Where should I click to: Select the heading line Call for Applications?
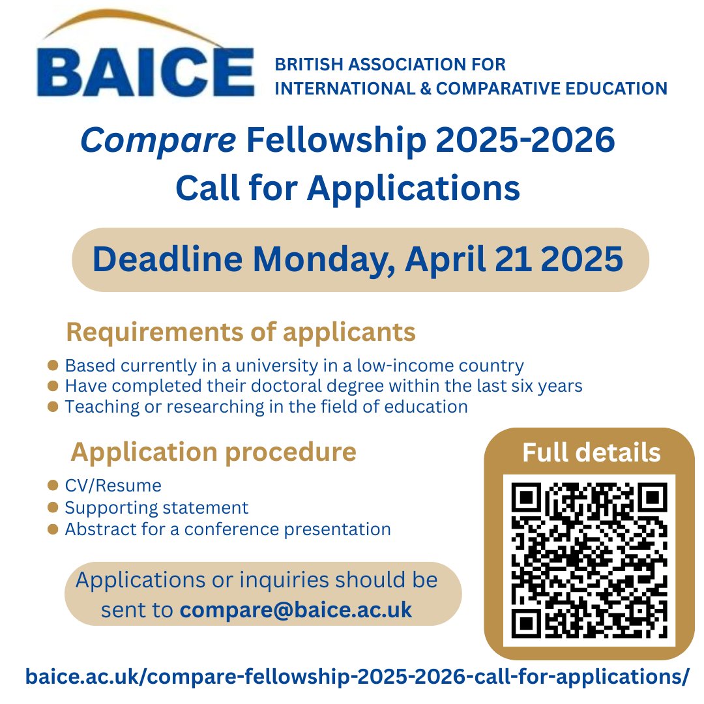tap(347, 188)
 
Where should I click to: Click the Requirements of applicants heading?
tap(241, 332)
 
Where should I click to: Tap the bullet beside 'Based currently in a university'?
tap(54, 366)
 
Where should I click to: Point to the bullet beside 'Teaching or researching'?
tap(54, 407)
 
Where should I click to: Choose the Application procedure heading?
tap(213, 452)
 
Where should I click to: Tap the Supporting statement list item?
tap(156, 507)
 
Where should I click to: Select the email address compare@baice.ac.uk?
tap(296, 610)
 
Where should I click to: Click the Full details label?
tap(591, 452)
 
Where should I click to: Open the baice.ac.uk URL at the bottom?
tap(357, 676)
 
